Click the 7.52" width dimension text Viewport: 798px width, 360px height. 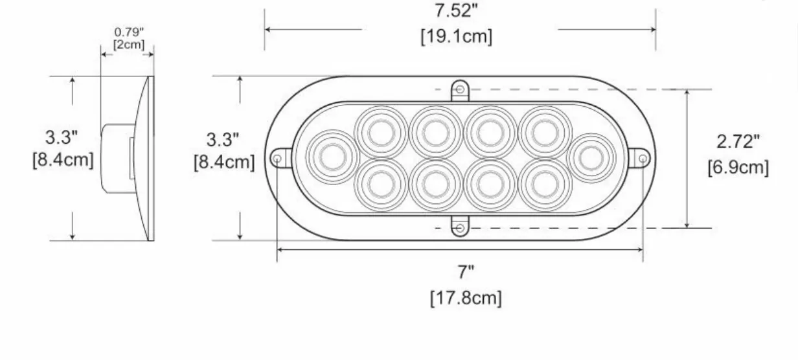[456, 10]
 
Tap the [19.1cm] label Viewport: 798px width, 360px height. [457, 36]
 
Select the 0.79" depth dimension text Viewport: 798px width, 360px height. [129, 32]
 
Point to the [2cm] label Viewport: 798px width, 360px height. [129, 45]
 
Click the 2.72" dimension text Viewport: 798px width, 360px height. [738, 141]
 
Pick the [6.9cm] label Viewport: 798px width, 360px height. [738, 167]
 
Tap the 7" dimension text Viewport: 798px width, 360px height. [466, 273]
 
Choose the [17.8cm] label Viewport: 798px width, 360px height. [466, 298]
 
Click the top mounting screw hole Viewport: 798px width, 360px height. [460, 89]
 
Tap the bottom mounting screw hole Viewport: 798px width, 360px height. [460, 228]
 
